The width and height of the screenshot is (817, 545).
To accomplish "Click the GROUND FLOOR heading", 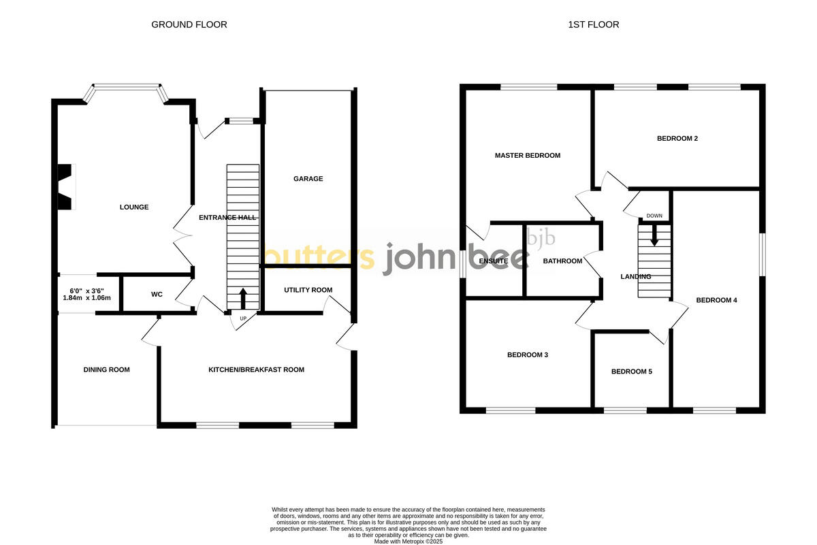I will click(189, 24).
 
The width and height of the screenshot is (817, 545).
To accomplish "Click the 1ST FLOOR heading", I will click(594, 24).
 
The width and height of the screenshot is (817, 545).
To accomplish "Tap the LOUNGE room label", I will click(134, 207).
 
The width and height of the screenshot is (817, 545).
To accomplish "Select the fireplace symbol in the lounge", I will click(65, 187).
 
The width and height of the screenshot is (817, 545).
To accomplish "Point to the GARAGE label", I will click(308, 179).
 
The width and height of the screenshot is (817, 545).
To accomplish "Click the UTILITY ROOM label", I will click(308, 290).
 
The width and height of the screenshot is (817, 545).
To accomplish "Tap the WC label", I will click(157, 295).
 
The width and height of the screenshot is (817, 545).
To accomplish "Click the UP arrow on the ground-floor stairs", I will click(242, 298).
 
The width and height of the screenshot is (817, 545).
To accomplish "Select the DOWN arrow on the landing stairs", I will click(654, 235).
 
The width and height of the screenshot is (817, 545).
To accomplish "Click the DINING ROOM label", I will click(106, 369).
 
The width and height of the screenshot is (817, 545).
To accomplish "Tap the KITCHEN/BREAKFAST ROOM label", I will click(256, 369).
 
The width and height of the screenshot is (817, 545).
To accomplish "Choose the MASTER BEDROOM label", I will click(527, 155).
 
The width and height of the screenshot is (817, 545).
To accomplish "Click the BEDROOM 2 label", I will click(677, 138).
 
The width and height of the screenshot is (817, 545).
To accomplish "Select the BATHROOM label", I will click(562, 261).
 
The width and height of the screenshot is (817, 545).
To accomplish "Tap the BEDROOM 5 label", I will click(631, 371).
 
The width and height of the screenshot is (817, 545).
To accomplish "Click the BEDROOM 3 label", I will click(527, 354).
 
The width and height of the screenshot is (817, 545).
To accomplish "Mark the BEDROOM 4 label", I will click(716, 300).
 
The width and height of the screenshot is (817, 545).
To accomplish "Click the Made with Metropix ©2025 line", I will click(408, 541).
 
